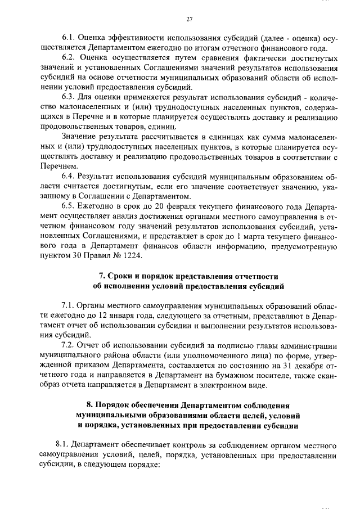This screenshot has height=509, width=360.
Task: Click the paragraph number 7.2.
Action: point(69,345)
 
